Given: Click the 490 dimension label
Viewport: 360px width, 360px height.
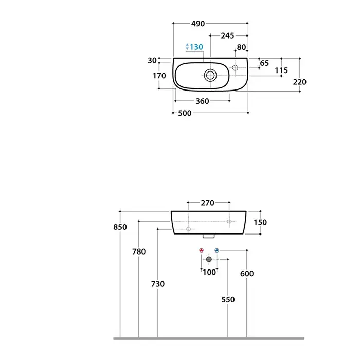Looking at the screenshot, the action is pyautogui.click(x=198, y=24).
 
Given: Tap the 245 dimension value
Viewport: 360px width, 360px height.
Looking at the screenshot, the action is pyautogui.click(x=227, y=35).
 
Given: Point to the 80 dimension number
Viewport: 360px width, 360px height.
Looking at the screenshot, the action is pyautogui.click(x=242, y=47).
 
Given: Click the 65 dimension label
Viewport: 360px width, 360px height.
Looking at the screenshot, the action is pyautogui.click(x=264, y=63).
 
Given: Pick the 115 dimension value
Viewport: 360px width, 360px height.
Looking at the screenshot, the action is pyautogui.click(x=281, y=70).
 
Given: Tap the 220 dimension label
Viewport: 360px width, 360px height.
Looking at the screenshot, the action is pyautogui.click(x=300, y=82).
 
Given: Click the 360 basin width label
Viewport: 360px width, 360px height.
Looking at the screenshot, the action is pyautogui.click(x=202, y=101).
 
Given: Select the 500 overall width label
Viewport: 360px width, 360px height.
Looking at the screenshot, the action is pyautogui.click(x=185, y=113).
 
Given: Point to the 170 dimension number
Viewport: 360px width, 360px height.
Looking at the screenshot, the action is pyautogui.click(x=159, y=75).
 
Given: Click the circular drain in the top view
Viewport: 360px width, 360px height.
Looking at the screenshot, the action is pyautogui.click(x=210, y=75).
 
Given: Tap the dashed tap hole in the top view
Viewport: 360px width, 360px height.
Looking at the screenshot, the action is pyautogui.click(x=235, y=68).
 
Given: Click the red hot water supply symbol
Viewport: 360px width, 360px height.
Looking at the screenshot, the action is pyautogui.click(x=202, y=250).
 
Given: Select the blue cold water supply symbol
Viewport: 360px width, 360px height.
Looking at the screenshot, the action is pyautogui.click(x=217, y=250).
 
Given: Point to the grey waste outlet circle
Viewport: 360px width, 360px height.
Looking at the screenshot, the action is pyautogui.click(x=209, y=259).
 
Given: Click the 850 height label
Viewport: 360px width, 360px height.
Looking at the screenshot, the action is pyautogui.click(x=120, y=227).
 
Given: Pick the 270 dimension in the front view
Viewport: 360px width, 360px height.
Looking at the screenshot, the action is pyautogui.click(x=208, y=203).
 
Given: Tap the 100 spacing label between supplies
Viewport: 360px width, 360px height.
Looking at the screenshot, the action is pyautogui.click(x=209, y=272).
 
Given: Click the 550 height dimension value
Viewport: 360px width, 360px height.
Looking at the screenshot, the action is pyautogui.click(x=228, y=299).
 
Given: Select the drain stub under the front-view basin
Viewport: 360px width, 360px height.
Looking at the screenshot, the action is pyautogui.click(x=209, y=236).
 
